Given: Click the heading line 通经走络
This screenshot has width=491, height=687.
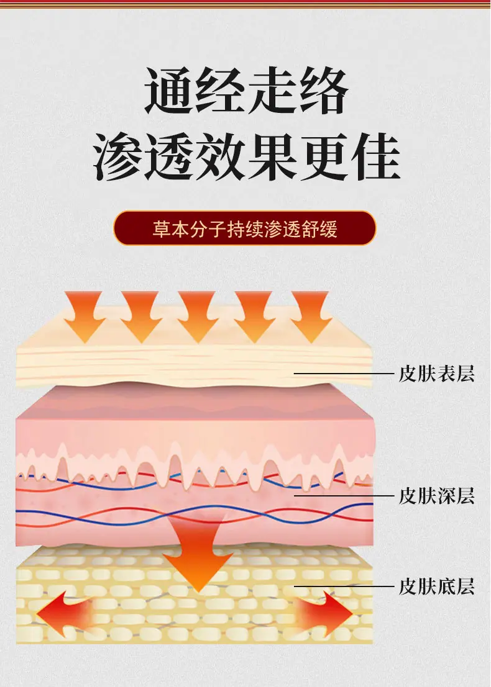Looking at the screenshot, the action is tap(245, 91).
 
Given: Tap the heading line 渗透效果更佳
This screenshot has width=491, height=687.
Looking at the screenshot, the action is tap(247, 156).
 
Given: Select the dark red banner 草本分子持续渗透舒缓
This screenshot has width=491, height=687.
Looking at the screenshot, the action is tap(245, 228).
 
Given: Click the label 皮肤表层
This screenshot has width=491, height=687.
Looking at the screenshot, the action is tap(436, 374).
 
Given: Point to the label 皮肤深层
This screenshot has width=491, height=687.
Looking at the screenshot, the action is tap(436, 496).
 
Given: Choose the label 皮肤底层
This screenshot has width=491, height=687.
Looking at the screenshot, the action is tap(436, 586).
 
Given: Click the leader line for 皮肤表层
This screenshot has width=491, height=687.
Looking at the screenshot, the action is tap(344, 374).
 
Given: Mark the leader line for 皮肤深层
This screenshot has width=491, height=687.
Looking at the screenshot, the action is tap(344, 496).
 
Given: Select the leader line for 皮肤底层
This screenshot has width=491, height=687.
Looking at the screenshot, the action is tap(344, 586).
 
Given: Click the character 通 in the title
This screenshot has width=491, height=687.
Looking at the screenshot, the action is tap(170, 91).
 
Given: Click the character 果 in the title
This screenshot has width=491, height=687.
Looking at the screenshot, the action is tap(272, 156).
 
